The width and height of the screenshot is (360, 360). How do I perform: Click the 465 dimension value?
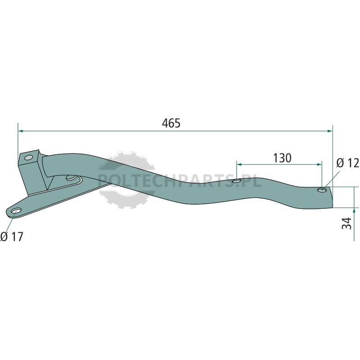pyautogui.click(x=171, y=123)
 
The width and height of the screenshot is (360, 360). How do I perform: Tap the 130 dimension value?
pyautogui.click(x=282, y=158)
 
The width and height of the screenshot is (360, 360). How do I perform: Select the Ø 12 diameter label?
pyautogui.click(x=347, y=163)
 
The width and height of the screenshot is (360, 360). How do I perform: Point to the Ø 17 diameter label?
pyautogui.click(x=12, y=237)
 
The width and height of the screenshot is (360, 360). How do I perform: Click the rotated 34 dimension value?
pyautogui.click(x=346, y=223)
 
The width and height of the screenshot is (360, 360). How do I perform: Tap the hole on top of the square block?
pyautogui.click(x=29, y=158)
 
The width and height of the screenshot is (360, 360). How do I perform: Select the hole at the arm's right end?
pyautogui.click(x=322, y=190)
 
